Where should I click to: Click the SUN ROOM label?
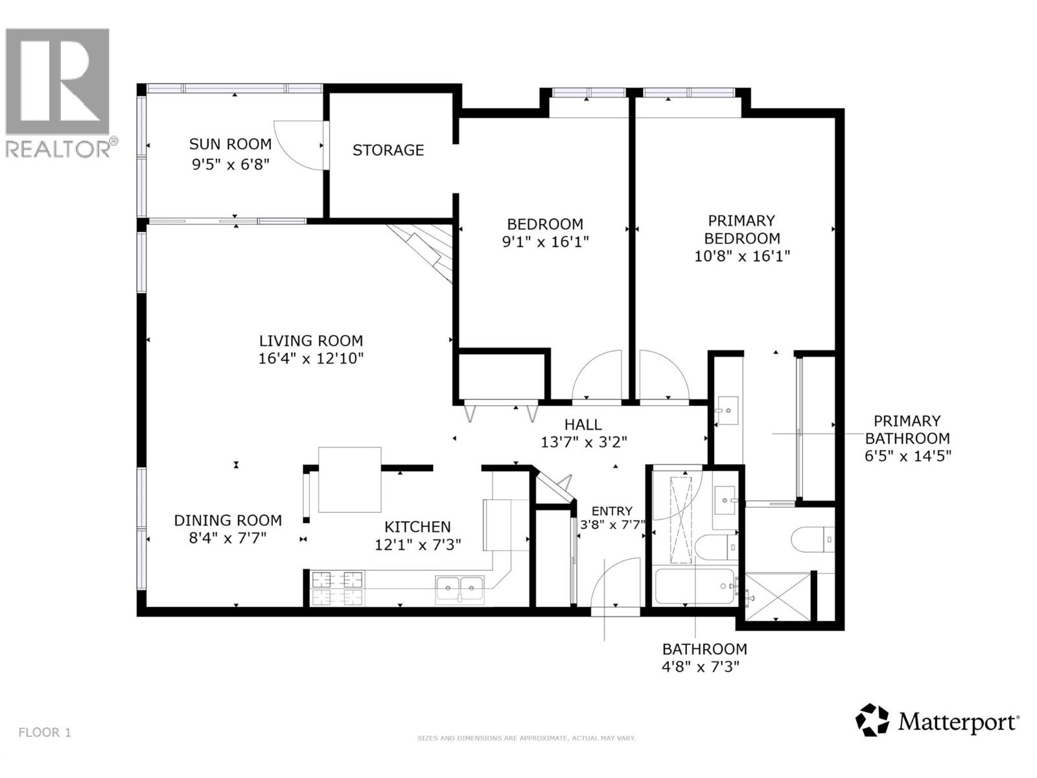click(230, 144)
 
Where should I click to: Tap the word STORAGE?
click(388, 150)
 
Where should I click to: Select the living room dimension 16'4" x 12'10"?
click(311, 359)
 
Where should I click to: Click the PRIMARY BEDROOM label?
click(741, 230)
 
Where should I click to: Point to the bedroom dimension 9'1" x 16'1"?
click(545, 242)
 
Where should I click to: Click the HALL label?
click(583, 425)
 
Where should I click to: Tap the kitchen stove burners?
click(337, 587)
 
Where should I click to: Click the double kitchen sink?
click(460, 589)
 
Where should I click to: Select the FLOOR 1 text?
click(45, 733)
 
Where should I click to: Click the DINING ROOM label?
click(227, 521)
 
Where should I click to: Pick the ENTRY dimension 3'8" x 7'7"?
click(612, 525)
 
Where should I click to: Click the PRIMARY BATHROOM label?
click(907, 429)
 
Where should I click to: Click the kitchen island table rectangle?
click(349, 480)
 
